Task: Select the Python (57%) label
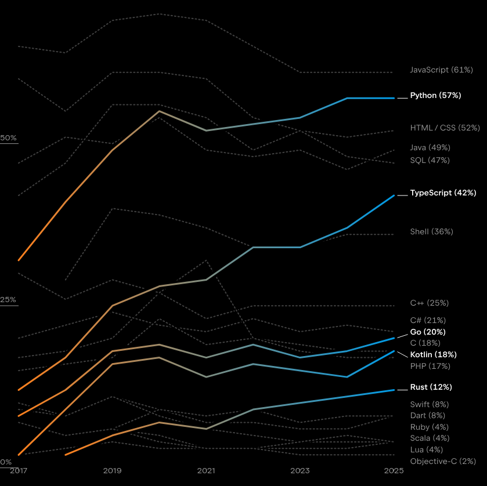(435, 95)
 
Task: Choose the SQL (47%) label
(430, 160)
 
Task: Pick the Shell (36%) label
(431, 231)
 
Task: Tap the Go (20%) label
(428, 332)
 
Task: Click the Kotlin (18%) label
(433, 354)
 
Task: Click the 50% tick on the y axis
(9, 138)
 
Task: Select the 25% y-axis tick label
(9, 300)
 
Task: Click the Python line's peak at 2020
(159, 111)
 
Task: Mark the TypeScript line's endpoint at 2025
(394, 195)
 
